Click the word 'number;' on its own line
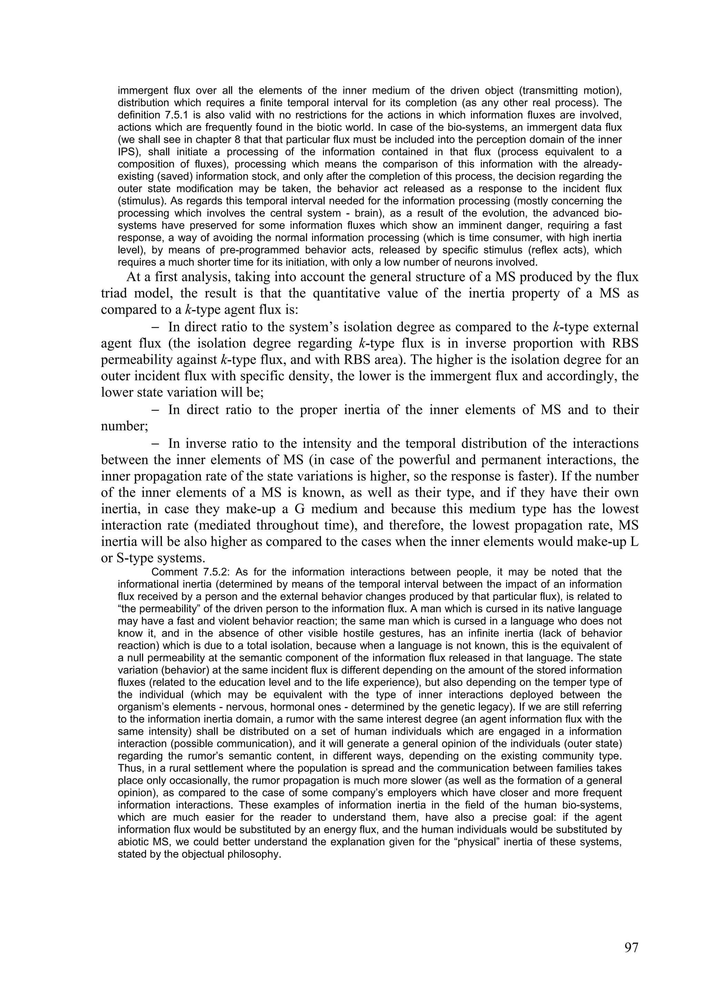124,426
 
